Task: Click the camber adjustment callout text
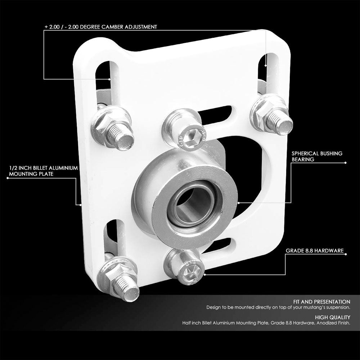(x=100, y=27)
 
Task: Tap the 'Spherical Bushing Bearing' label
(x=317, y=156)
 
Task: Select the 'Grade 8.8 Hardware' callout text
(x=315, y=250)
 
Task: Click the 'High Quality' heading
(x=332, y=317)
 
